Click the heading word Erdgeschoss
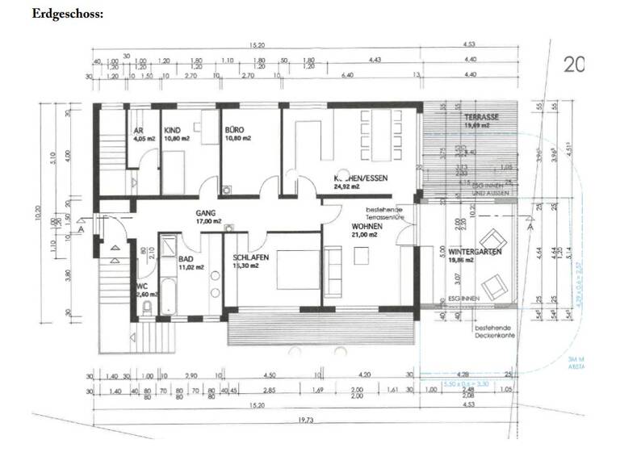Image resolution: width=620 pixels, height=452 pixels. tap(69, 14)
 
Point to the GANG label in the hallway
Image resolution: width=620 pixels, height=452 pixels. tap(207, 213)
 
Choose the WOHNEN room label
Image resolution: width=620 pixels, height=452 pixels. tap(367, 228)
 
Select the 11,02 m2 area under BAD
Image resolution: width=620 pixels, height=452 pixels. tap(191, 267)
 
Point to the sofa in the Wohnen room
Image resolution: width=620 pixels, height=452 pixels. tap(333, 273)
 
